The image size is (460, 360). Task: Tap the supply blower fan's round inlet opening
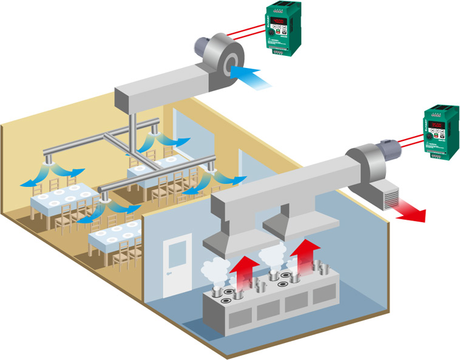(x=231, y=65)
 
